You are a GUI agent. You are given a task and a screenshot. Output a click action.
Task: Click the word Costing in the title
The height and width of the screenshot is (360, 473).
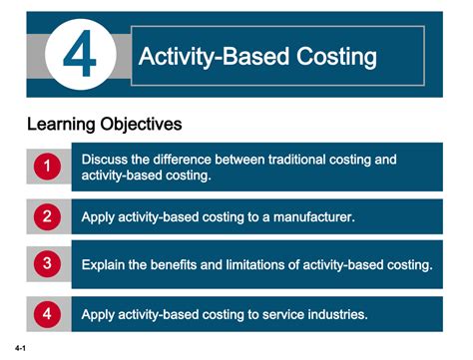click(x=333, y=57)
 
